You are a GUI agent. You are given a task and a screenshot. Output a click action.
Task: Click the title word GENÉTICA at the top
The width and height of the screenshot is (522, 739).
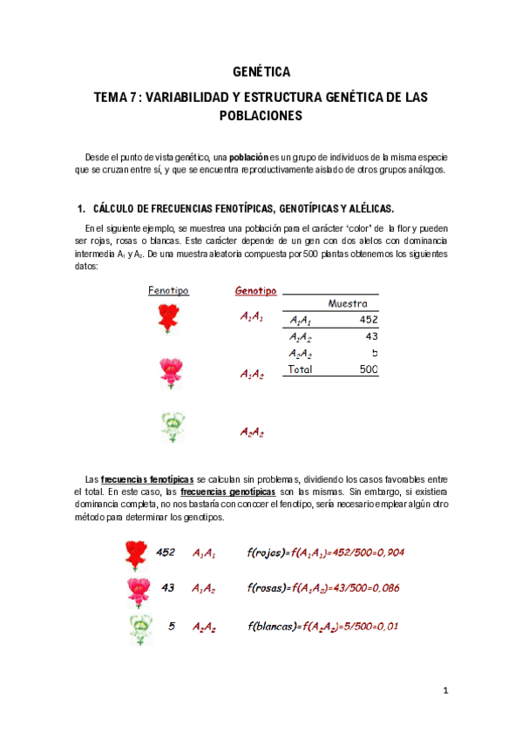pos(261,72)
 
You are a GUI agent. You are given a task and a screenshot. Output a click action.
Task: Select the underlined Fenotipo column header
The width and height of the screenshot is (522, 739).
pos(168,291)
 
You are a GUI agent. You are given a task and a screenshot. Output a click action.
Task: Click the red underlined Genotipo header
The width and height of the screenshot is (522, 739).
pos(255,291)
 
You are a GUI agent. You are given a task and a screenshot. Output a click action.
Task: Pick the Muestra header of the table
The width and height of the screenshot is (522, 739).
pos(347,303)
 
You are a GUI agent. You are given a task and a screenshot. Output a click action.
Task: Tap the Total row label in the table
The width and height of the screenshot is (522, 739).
pos(301,369)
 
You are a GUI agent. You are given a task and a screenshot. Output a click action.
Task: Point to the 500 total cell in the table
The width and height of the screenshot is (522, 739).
pos(368,369)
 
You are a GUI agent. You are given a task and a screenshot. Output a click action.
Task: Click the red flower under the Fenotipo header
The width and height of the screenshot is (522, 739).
pos(168,319)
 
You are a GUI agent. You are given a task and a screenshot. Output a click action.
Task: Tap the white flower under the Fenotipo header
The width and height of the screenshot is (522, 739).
pos(173,427)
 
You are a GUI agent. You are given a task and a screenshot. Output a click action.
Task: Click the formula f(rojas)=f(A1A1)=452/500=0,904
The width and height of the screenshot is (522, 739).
pos(326,553)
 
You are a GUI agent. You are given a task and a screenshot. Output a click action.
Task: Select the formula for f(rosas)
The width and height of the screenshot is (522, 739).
pos(323,588)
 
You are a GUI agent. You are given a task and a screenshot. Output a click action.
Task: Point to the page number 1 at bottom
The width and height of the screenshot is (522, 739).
pos(444,691)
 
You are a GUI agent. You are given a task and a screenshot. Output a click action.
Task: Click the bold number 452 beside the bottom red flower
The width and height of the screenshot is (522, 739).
pos(166,552)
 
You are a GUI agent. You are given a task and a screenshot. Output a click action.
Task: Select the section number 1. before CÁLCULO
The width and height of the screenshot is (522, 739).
pos(81,209)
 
